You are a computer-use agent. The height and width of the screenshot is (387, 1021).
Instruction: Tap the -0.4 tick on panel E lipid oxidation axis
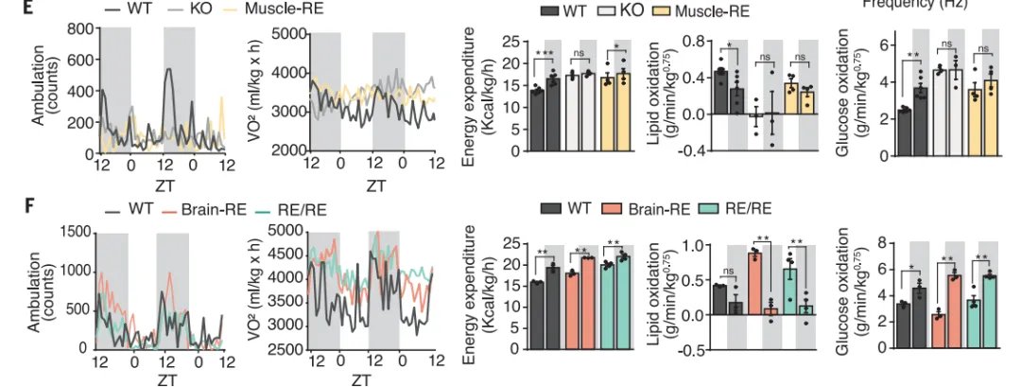pos(665,151)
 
